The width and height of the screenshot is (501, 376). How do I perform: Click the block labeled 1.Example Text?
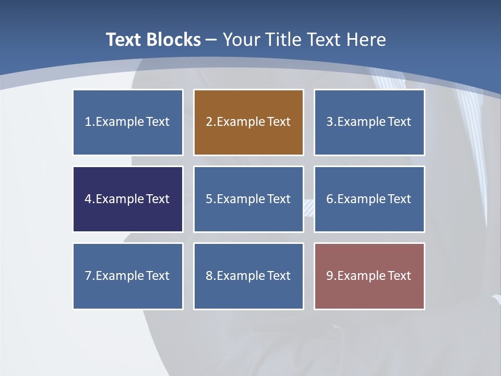pyautogui.click(x=128, y=122)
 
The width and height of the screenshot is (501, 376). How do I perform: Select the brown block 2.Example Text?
pyautogui.click(x=248, y=122)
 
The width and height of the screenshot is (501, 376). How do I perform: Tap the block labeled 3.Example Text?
pyautogui.click(x=369, y=122)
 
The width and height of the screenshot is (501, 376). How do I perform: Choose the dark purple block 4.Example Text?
pyautogui.click(x=128, y=199)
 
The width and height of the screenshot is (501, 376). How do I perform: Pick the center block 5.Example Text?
pyautogui.click(x=248, y=199)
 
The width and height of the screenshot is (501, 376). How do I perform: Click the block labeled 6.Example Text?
pyautogui.click(x=369, y=199)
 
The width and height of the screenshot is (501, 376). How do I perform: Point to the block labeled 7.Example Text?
pyautogui.click(x=128, y=276)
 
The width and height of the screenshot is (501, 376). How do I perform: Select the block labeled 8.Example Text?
pyautogui.click(x=248, y=276)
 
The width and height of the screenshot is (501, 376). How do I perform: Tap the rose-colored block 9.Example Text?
pyautogui.click(x=369, y=276)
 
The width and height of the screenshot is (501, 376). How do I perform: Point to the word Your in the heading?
pyautogui.click(x=242, y=40)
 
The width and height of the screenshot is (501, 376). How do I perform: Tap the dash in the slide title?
pyautogui.click(x=211, y=40)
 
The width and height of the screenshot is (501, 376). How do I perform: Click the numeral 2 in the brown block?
pyautogui.click(x=209, y=122)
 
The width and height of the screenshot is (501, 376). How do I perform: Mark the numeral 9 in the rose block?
pyautogui.click(x=329, y=276)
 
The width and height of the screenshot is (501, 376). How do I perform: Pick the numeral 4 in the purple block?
pyautogui.click(x=88, y=199)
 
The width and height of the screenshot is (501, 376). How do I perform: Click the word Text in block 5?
pyautogui.click(x=279, y=199)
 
